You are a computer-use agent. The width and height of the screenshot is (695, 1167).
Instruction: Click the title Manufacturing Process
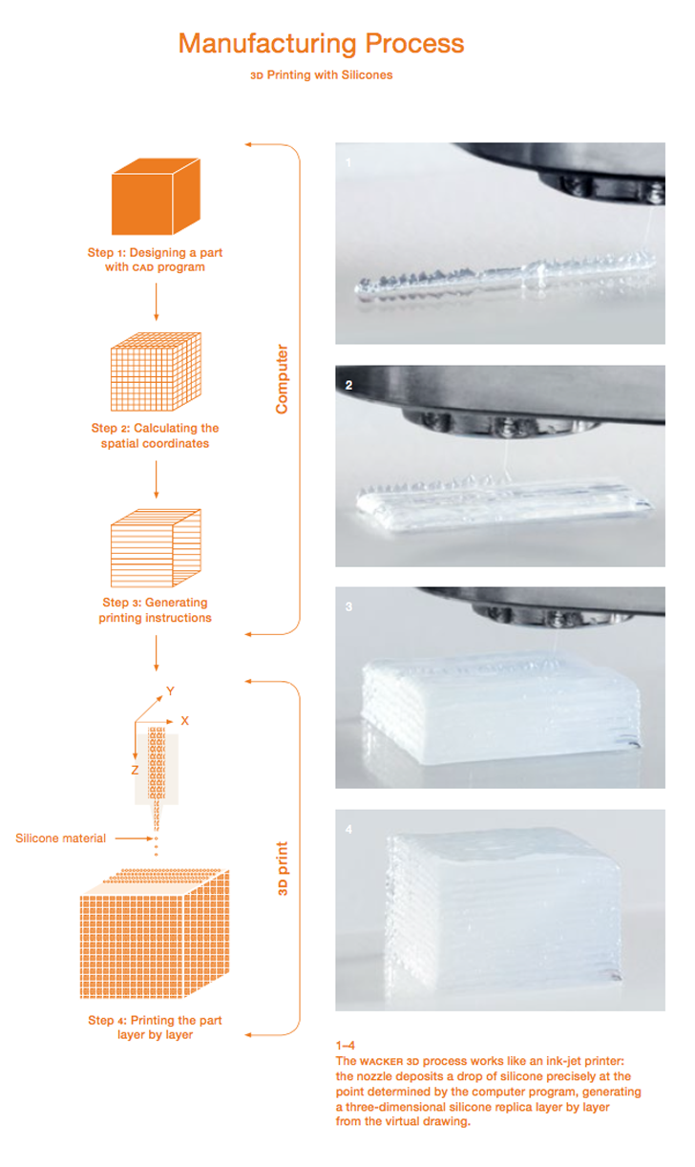point(321,44)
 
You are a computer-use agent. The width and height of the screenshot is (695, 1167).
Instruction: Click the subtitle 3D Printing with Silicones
point(322,75)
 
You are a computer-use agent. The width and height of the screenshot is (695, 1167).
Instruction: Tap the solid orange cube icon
point(156,197)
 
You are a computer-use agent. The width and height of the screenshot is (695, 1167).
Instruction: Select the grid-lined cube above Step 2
point(156,372)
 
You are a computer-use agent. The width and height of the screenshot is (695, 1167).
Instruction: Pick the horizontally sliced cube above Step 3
point(156,548)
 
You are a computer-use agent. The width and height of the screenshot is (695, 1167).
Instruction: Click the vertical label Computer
point(282,379)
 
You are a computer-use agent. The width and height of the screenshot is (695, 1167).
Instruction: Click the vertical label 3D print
point(283,868)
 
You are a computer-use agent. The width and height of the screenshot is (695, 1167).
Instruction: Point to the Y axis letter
point(170,690)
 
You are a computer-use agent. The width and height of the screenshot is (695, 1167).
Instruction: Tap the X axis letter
point(184,720)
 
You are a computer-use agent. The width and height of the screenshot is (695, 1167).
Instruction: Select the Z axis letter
point(135,770)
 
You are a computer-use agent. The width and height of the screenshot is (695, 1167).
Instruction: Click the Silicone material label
point(60,838)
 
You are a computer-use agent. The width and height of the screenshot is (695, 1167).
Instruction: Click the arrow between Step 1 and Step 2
point(156,302)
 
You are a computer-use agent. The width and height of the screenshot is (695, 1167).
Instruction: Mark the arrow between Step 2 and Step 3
point(156,479)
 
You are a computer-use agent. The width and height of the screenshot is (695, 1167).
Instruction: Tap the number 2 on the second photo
point(348,385)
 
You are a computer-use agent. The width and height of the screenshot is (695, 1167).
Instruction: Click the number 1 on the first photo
point(348,162)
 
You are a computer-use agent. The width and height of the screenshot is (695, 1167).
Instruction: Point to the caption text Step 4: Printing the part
point(155,1020)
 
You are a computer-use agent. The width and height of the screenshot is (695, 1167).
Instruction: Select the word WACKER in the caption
point(381,1061)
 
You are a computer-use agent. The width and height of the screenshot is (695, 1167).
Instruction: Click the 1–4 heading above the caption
point(345,1045)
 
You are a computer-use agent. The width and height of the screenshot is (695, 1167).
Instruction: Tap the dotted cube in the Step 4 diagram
point(155,933)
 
